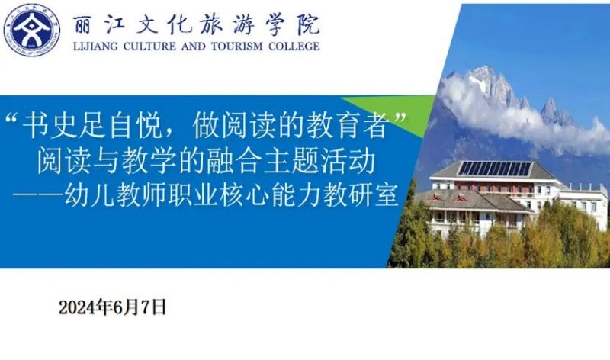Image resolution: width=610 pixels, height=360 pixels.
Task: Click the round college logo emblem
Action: click(32, 31)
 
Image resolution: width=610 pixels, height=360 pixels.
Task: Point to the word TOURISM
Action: click(237, 47)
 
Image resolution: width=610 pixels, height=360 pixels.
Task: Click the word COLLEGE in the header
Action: click(294, 47)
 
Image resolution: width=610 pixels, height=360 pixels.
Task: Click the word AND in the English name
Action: click(194, 47)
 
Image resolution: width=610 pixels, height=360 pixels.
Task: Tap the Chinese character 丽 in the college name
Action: click(83, 25)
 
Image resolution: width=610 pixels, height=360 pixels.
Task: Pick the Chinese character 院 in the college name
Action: click(309, 25)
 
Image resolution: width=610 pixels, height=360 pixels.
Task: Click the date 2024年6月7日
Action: click(112, 307)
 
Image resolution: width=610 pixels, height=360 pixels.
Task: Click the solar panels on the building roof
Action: click(495, 169)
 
